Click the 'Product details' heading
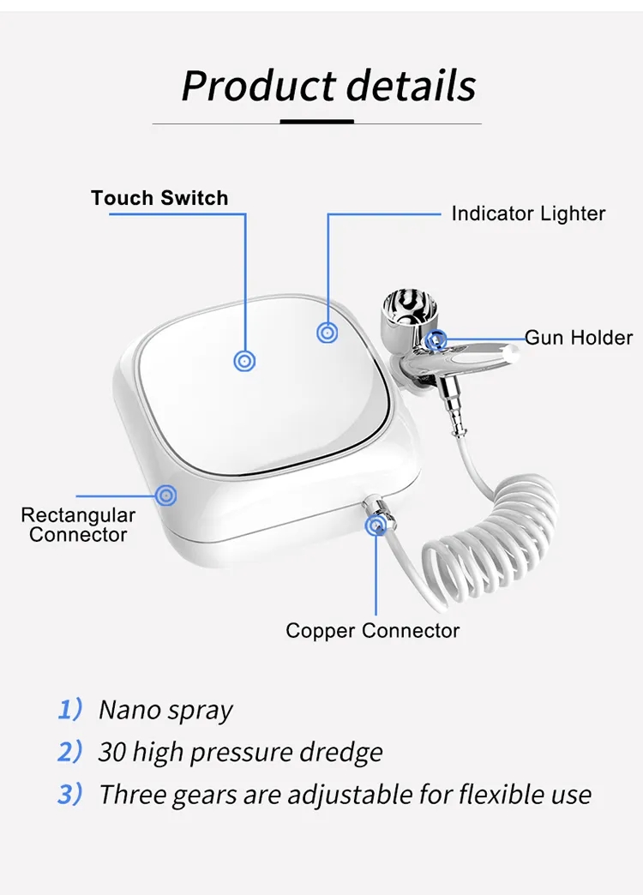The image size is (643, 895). [x=328, y=86]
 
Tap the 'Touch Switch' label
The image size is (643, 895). [x=159, y=198]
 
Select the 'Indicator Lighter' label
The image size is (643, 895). [x=528, y=213]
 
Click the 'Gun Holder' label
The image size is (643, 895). [x=579, y=337]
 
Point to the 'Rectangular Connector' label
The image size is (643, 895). [x=78, y=525]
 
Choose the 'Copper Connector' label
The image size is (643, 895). [x=373, y=631]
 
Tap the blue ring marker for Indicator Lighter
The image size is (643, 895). [x=327, y=332]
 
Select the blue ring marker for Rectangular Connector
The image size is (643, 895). [x=166, y=495]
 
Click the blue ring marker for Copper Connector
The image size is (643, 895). [x=375, y=525]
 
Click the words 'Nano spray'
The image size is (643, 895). [x=165, y=711]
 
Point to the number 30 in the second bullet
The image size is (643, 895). [x=112, y=752]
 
